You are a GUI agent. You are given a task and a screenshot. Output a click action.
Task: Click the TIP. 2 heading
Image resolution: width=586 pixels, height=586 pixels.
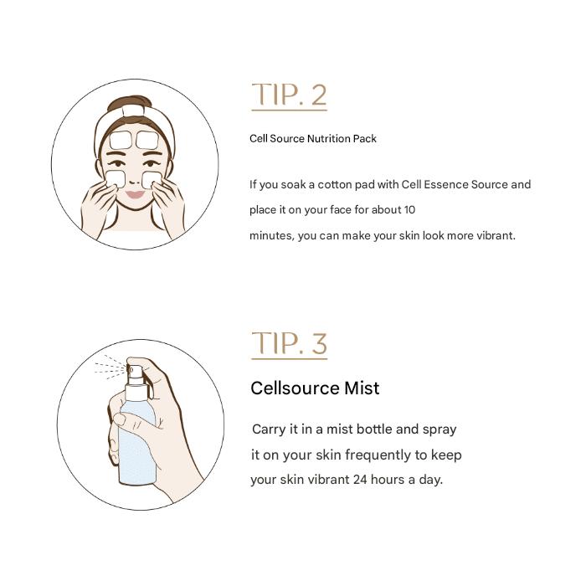point(289,95)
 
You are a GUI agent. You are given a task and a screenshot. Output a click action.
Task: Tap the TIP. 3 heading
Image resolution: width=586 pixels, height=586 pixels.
point(289,344)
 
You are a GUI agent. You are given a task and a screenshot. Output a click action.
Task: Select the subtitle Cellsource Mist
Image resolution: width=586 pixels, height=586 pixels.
point(315,388)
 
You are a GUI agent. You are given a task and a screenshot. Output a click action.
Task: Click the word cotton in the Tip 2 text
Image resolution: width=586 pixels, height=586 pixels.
point(337,185)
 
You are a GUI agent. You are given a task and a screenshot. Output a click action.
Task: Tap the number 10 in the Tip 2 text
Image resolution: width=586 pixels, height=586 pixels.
point(409,210)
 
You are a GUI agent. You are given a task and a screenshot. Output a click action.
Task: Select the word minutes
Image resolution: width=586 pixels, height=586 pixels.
point(271,236)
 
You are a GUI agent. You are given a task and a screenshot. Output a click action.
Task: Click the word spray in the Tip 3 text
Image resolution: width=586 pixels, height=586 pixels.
point(439,429)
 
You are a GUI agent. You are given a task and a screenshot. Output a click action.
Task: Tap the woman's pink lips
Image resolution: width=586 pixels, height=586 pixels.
point(135,195)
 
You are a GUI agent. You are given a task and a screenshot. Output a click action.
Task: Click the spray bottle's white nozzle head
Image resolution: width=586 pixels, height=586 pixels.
point(135,373)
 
